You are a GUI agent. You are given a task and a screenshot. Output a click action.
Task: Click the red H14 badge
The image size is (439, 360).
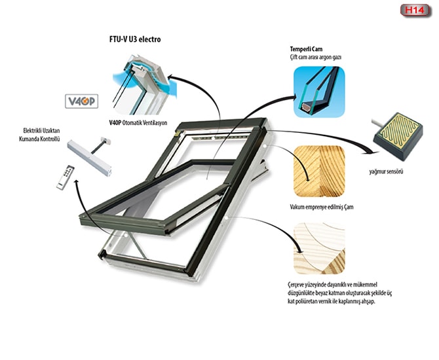(x=415, y=10)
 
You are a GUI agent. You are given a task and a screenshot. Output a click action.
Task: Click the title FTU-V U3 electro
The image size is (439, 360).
(x=135, y=39)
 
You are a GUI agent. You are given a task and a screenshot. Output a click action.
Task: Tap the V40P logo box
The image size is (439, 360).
(x=81, y=101)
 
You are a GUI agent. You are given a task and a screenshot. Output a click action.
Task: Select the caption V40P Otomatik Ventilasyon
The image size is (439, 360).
(x=138, y=123)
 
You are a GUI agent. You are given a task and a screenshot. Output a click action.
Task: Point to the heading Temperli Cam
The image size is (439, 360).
(x=306, y=49)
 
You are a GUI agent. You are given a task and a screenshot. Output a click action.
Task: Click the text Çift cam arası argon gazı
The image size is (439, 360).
(x=316, y=58)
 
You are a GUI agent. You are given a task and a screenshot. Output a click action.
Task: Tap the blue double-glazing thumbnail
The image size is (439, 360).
(x=319, y=92)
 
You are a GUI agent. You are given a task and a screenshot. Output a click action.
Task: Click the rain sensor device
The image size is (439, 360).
(x=398, y=136)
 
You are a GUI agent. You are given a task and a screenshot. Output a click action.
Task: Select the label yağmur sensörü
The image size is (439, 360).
(x=386, y=171)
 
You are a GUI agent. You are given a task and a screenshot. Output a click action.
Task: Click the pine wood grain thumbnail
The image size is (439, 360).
(x=319, y=171)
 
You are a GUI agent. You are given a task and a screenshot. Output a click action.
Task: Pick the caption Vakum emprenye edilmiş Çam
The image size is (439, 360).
(x=322, y=207)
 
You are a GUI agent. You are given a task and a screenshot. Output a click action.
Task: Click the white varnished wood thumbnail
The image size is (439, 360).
(x=319, y=248)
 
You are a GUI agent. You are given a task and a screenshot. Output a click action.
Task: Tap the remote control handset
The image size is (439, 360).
(x=66, y=178)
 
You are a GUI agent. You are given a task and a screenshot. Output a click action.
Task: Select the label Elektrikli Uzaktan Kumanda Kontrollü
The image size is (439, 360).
(x=39, y=135)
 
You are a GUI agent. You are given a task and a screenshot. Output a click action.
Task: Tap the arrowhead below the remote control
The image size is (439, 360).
(x=75, y=183)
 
